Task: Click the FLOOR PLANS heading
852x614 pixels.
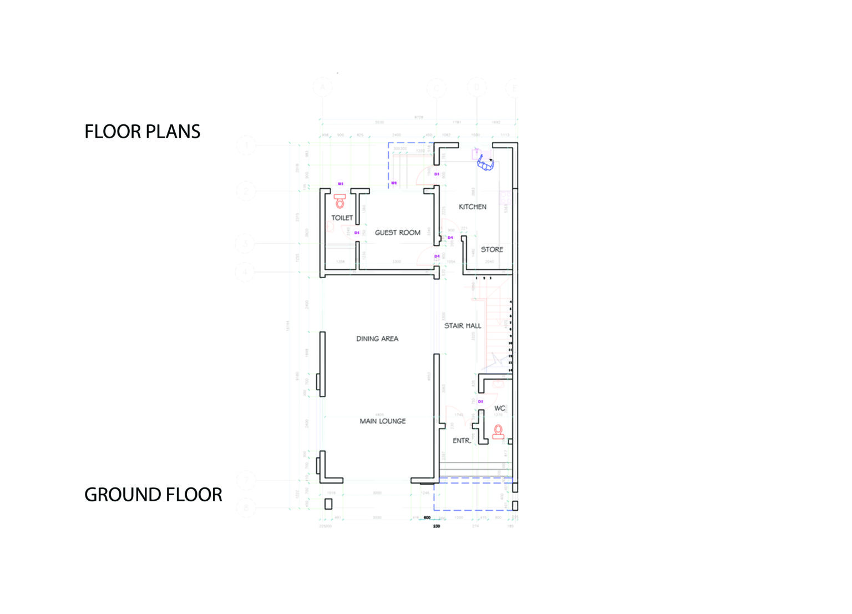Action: coord(142,132)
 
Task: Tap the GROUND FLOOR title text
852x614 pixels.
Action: coord(153,495)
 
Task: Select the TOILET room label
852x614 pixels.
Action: coord(342,218)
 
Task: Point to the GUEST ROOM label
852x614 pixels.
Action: coord(397,233)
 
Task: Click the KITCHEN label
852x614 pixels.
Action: coord(472,207)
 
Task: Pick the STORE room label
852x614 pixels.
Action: coord(491,249)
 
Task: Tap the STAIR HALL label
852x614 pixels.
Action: coord(463,326)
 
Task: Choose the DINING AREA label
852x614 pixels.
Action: coord(377,339)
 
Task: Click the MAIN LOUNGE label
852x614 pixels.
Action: coord(383,421)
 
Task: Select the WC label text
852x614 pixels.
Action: coord(499,408)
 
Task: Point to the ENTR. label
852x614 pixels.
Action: coord(461,441)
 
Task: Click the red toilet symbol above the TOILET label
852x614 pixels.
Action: coord(339,201)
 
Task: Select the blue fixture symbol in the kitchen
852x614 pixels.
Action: coord(485,163)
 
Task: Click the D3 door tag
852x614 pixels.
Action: coord(437,174)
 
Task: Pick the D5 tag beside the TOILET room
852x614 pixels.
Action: coord(357,233)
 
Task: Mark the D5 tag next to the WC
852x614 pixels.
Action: coord(480,401)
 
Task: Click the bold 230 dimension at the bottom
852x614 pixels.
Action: coord(437,526)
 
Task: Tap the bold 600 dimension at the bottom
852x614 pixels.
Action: coord(427,517)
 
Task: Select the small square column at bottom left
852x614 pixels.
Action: coord(328,504)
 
